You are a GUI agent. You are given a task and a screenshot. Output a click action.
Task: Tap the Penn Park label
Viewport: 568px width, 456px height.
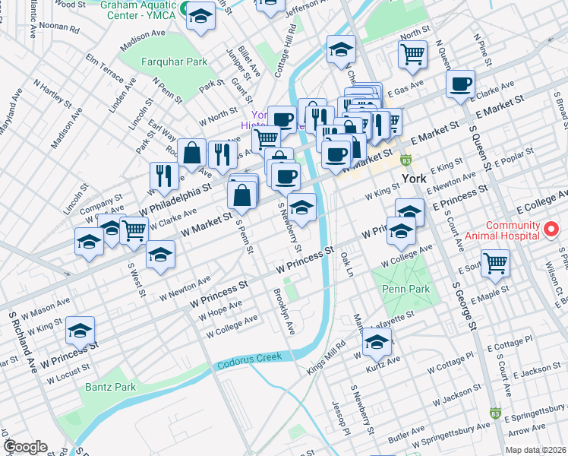pyautogui.click(x=406, y=289)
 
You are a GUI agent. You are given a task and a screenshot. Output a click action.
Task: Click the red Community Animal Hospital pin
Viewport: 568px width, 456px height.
pyautogui.click(x=553, y=227)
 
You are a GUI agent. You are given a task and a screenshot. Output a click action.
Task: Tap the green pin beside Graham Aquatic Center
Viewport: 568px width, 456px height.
pyautogui.click(x=174, y=14)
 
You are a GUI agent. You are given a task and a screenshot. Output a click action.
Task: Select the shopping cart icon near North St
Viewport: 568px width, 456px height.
pyautogui.click(x=412, y=53)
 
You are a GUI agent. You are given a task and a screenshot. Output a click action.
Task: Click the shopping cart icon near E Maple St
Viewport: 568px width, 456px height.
pyautogui.click(x=495, y=263)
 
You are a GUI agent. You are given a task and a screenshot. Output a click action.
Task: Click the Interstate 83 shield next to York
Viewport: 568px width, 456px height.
pyautogui.click(x=406, y=161)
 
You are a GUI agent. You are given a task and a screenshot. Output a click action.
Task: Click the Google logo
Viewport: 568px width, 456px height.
pyautogui.click(x=24, y=447)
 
